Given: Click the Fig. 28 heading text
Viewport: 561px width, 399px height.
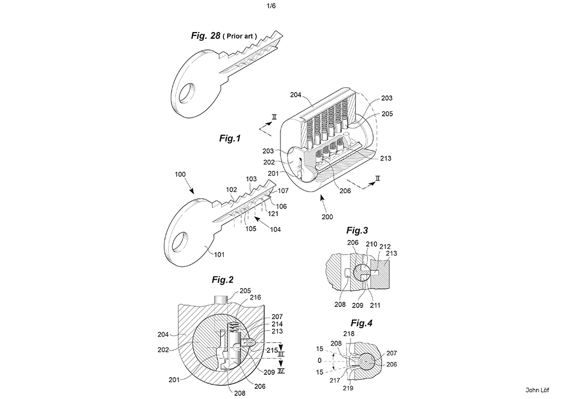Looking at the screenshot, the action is pos(206,35).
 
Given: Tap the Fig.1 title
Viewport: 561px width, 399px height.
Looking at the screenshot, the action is pos(230,138).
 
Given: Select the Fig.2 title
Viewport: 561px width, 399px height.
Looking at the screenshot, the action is pos(223,279).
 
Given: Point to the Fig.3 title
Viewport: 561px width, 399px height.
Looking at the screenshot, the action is pos(357,230).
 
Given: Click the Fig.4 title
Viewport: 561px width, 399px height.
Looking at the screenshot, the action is pos(361,323).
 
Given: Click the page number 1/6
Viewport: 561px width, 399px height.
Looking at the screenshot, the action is pos(271,6).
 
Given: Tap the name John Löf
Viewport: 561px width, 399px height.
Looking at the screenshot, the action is pos(537,390).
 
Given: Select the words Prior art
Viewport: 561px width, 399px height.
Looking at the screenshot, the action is pos(240,36).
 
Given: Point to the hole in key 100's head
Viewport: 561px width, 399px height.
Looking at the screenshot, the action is pos(180,241).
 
